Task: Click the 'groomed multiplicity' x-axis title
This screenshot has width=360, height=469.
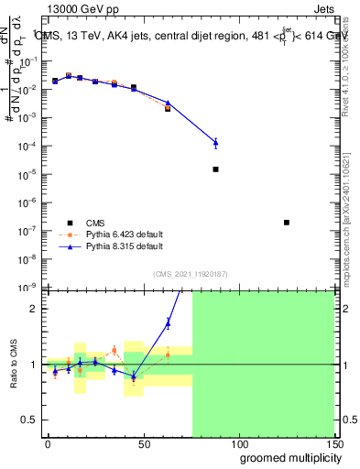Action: pos(286,457)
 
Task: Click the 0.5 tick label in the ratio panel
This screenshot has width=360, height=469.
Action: pos(29,420)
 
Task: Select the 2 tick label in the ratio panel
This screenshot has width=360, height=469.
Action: pos(34,309)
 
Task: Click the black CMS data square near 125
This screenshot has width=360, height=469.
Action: pos(287,223)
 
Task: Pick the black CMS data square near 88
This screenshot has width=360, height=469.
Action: pos(215,169)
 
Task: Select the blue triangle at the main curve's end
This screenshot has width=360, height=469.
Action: pos(215,142)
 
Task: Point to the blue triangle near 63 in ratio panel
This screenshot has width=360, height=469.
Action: pos(168,322)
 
